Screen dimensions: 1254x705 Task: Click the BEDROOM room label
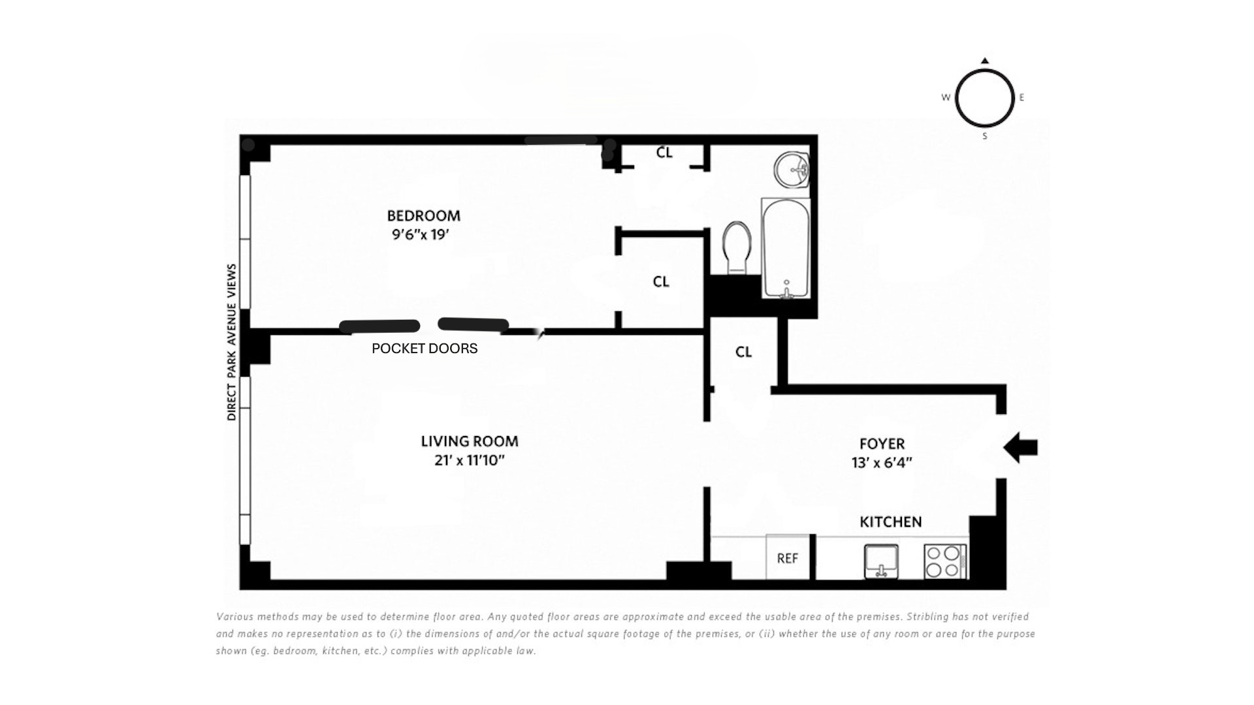pos(423,215)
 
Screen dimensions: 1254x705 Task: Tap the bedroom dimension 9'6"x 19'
pos(421,234)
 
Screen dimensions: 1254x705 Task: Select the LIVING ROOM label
pos(470,441)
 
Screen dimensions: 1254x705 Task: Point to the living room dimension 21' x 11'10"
pos(469,461)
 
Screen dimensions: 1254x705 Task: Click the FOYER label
pos(882,444)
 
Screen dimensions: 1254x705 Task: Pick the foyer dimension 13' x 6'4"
pos(882,463)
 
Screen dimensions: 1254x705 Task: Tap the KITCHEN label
pos(891,522)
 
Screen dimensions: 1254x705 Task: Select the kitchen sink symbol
pos(881,561)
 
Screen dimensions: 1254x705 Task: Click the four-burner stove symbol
pos(945,561)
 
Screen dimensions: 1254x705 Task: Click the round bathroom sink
pos(792,169)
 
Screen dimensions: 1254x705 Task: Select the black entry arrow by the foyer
pos(1020,448)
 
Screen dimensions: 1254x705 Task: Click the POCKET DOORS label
pos(425,349)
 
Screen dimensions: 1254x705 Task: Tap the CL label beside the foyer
pos(743,352)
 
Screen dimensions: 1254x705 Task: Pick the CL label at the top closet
pos(664,152)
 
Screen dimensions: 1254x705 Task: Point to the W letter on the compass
pos(946,97)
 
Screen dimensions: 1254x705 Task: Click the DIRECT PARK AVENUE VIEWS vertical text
pos(231,342)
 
